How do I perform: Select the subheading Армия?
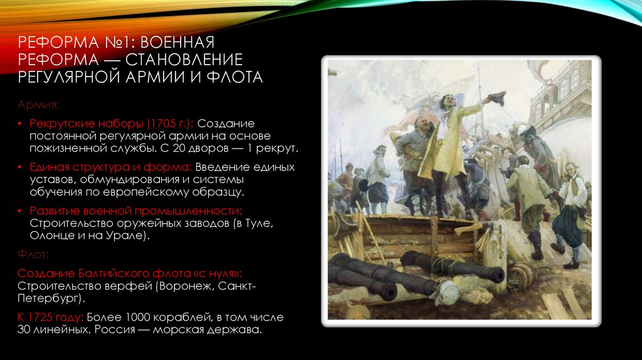(39, 103)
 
